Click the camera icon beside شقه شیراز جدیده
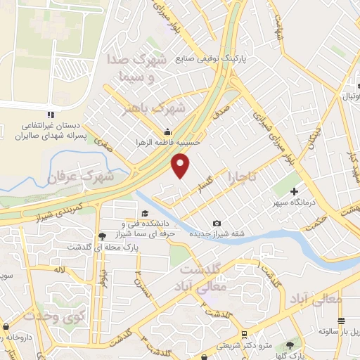[x=216, y=224]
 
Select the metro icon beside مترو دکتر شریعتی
[x=243, y=334]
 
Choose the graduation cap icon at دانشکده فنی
[x=143, y=214]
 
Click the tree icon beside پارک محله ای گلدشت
[x=103, y=236]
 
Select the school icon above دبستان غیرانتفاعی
[x=50, y=114]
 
